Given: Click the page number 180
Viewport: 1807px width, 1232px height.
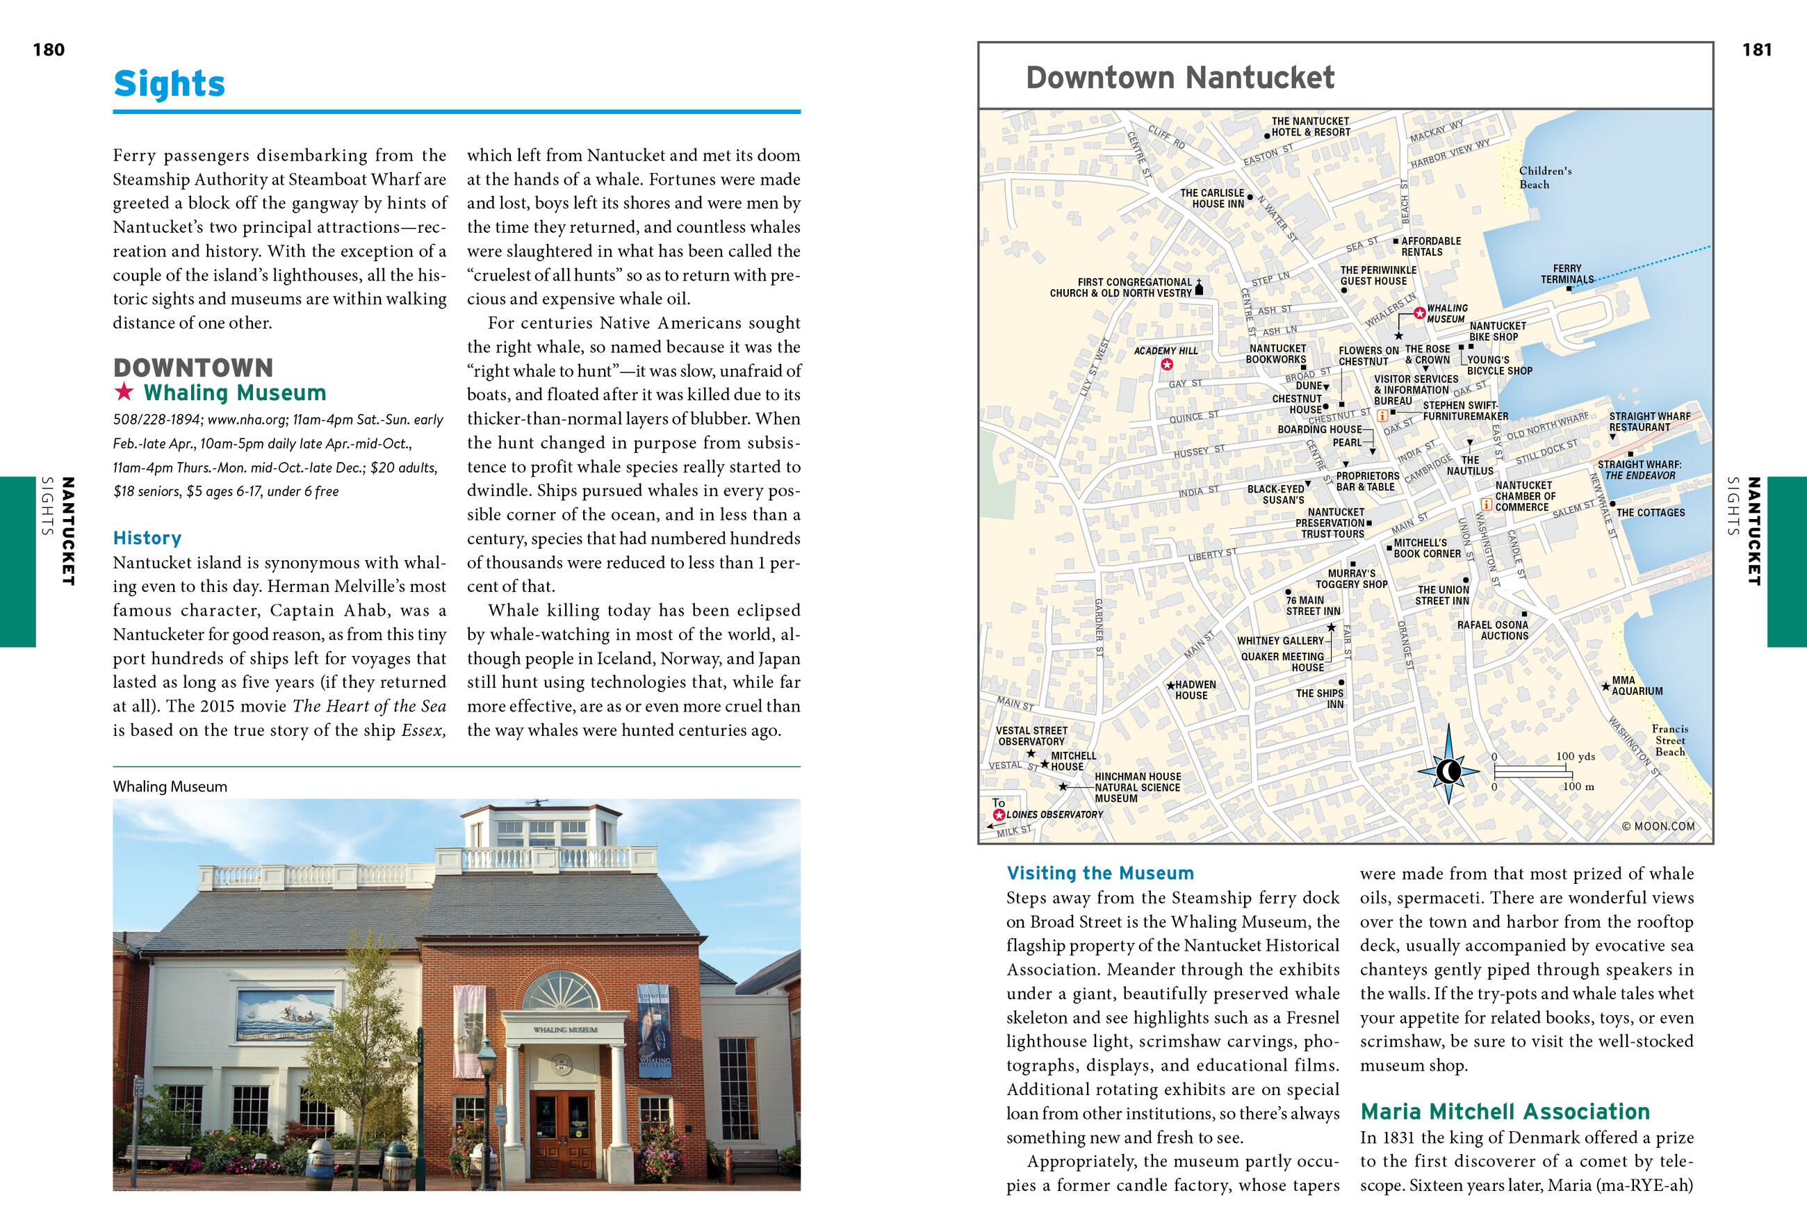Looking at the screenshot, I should pyautogui.click(x=48, y=50).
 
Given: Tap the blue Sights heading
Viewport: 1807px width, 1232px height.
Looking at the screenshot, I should pyautogui.click(x=170, y=84).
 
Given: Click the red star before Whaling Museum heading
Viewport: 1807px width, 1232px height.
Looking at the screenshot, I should pyautogui.click(x=124, y=392).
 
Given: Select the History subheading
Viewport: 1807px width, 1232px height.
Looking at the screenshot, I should pyautogui.click(x=147, y=538).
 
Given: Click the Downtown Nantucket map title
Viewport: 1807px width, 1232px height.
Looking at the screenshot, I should pyautogui.click(x=1179, y=78).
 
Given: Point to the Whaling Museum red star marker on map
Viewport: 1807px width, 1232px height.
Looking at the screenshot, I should pyautogui.click(x=1419, y=313).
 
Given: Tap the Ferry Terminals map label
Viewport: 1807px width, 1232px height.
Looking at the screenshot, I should pyautogui.click(x=1567, y=274).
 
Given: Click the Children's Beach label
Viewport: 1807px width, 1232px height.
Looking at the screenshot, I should pyautogui.click(x=1545, y=177).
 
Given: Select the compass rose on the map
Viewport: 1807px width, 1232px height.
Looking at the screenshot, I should pyautogui.click(x=1448, y=771).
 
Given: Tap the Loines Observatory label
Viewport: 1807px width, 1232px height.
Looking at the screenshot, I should pyautogui.click(x=1054, y=814).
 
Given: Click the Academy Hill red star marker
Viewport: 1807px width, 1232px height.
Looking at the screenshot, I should pyautogui.click(x=1166, y=364).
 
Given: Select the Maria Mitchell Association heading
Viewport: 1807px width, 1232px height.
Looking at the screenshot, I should pyautogui.click(x=1505, y=1112).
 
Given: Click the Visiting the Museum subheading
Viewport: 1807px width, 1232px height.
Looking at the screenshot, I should pyautogui.click(x=1099, y=873).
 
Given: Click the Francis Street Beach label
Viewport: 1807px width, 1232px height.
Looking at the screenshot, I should pyautogui.click(x=1669, y=740).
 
